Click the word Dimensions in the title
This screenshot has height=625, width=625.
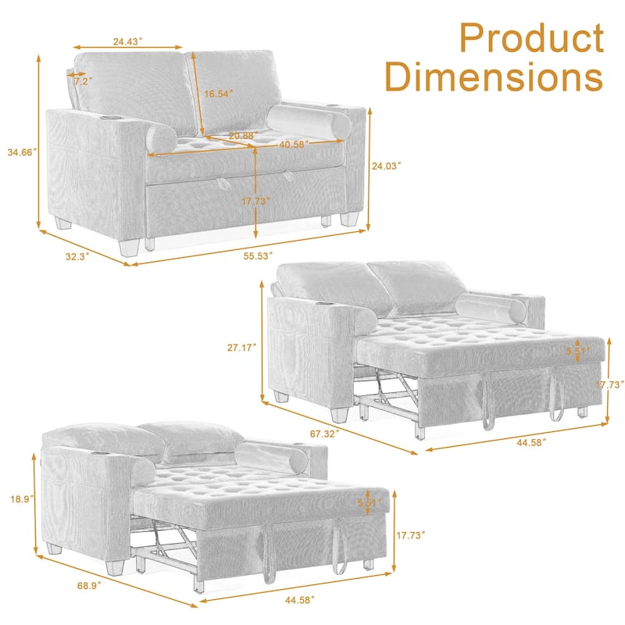(495, 78)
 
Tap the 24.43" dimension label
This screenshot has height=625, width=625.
(130, 42)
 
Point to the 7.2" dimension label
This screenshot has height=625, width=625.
(81, 80)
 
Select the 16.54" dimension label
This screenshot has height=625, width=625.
(219, 94)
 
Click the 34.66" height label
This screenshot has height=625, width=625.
(20, 152)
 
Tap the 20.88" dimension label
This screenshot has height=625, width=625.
(243, 136)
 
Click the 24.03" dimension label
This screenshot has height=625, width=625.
(386, 166)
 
